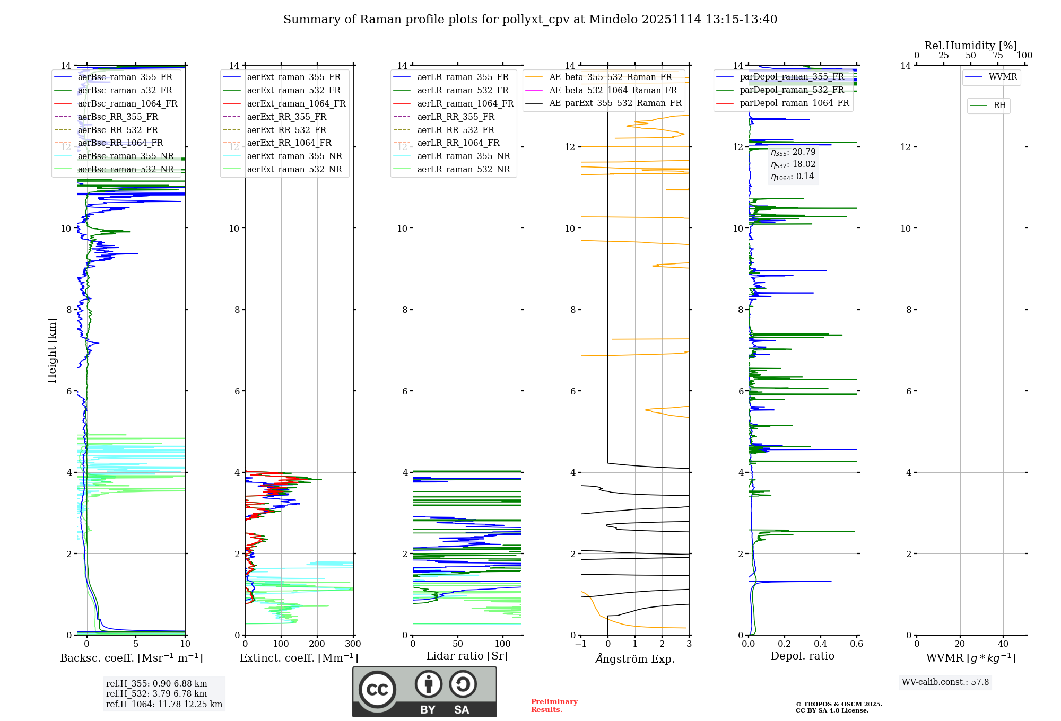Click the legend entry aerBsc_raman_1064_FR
127,103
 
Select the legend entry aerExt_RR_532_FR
286,130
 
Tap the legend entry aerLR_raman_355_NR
463,156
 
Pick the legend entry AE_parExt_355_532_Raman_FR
615,103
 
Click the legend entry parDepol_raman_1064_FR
794,103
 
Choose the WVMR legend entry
1003,77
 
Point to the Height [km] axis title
52,350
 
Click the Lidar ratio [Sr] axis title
467,656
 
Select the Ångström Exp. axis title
635,658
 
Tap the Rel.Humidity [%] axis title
970,46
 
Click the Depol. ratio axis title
802,656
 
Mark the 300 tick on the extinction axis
353,644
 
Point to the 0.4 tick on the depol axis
821,644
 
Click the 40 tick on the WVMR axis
1003,644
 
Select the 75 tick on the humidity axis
998,56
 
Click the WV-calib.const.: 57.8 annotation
945,682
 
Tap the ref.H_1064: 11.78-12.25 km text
164,704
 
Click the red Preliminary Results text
554,705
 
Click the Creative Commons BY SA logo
424,691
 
